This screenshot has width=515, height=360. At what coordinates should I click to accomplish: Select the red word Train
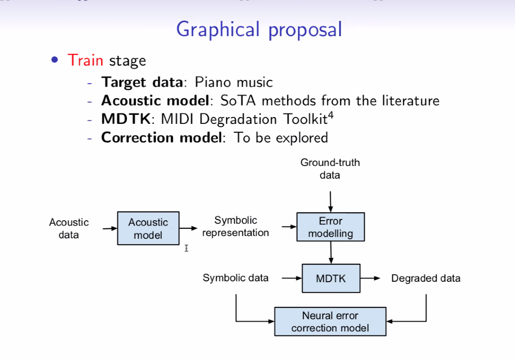pos(86,61)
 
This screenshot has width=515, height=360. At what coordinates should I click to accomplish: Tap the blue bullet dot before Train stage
pos(54,60)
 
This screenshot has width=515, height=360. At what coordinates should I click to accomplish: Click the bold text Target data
pos(142,82)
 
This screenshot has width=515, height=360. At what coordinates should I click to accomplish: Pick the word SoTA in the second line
pos(238,101)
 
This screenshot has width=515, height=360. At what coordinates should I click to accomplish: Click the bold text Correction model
pos(162,137)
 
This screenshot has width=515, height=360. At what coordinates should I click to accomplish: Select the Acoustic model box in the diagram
pos(148,228)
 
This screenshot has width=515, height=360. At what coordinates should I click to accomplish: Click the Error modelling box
pos(330,227)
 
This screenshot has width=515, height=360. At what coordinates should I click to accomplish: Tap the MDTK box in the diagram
pos(331,278)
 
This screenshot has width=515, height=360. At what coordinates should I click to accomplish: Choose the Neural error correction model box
pos(330,322)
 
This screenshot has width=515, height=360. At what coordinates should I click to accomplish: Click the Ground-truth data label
pos(330,169)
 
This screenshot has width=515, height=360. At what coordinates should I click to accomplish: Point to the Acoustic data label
pos(69,228)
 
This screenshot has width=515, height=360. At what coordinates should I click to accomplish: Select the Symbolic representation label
pos(235,227)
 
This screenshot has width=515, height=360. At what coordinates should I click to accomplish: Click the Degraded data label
pos(426,278)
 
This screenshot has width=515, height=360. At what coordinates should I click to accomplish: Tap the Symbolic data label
pos(235,278)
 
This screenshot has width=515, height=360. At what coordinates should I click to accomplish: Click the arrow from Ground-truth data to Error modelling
pos(330,202)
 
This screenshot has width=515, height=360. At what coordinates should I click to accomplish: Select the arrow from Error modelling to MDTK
pos(331,253)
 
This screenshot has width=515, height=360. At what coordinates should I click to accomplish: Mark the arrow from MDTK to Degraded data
pos(370,278)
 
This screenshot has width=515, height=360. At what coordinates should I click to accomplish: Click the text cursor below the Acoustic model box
pos(186,248)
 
